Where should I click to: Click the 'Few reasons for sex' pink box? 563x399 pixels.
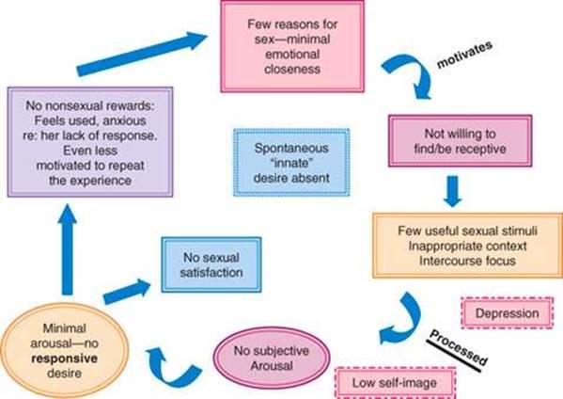[x=292, y=46]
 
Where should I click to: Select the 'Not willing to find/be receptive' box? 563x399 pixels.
[x=460, y=141]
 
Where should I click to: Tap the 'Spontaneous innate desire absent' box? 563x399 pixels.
[x=291, y=163]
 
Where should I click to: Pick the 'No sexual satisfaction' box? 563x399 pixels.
[x=211, y=264]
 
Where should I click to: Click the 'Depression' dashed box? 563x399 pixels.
[x=507, y=312]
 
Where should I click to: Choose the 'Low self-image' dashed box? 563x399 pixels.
[x=395, y=383]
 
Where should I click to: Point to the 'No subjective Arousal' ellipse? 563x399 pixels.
[x=272, y=358]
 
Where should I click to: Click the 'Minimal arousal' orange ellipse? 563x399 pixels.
[x=64, y=350]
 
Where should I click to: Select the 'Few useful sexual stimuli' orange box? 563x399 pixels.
[x=467, y=246]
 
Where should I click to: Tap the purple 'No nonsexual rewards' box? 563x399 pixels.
[x=90, y=142]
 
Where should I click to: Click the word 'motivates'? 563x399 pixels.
[x=464, y=55]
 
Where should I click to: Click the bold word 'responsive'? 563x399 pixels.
[x=64, y=359]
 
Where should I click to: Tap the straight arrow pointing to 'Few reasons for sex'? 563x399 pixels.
[x=142, y=54]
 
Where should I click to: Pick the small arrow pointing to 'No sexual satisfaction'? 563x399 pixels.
[x=127, y=292]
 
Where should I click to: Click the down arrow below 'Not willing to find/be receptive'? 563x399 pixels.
[x=452, y=191]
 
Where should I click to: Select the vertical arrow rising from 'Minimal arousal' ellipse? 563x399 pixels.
[x=67, y=249]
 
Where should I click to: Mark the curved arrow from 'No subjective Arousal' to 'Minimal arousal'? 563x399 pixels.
[x=169, y=374]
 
